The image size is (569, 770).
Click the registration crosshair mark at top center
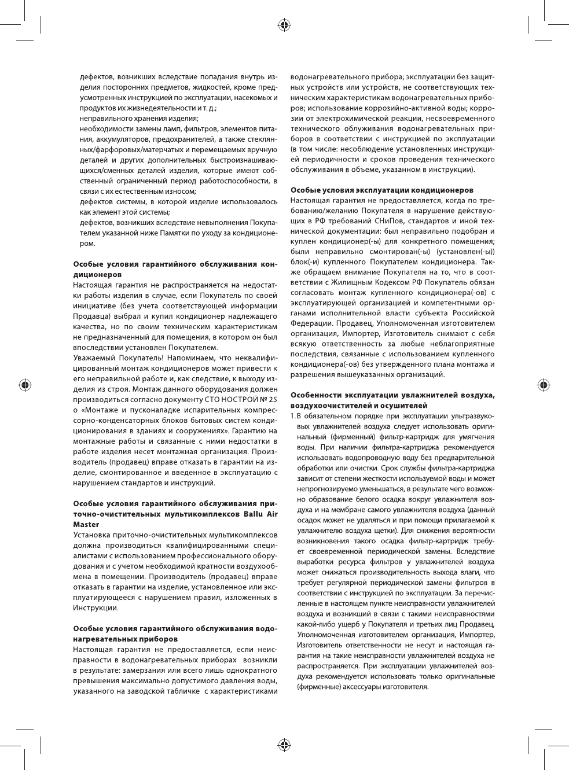point(284,25)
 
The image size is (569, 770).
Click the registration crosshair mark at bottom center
point(284,745)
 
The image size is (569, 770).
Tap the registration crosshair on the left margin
point(25,385)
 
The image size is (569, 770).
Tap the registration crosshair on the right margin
point(544,385)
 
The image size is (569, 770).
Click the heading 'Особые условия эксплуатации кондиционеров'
point(381,190)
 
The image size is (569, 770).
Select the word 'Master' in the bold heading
point(86,524)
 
